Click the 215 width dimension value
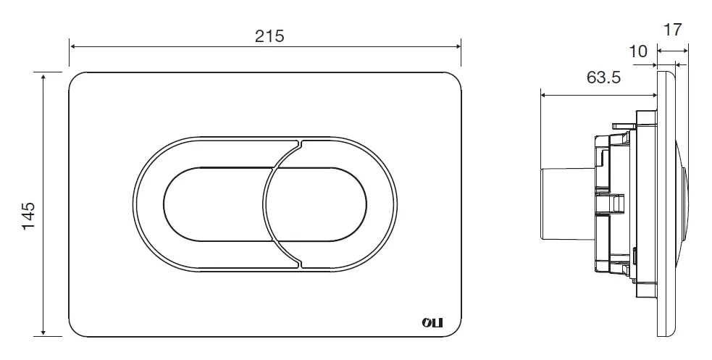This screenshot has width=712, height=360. pos(269,36)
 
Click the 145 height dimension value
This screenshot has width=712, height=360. pos(28,216)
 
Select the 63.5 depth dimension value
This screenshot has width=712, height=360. pos(603,78)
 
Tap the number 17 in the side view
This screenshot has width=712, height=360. pos(672,30)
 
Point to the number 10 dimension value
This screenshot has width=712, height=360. pos(638,51)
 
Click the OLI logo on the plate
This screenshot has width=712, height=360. pos(432,323)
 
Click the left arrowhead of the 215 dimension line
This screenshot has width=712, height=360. pos(72,46)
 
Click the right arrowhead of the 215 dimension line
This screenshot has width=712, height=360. pos(458,46)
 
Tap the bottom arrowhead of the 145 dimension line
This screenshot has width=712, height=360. pos(43,332)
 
